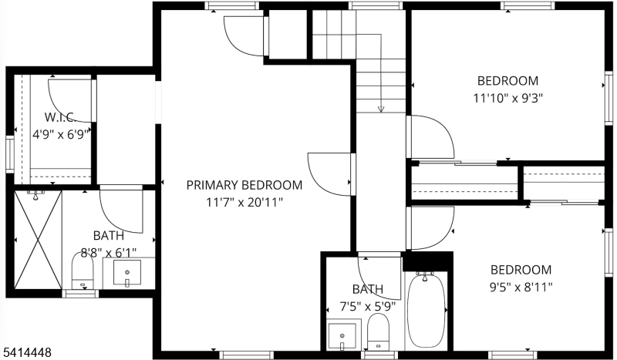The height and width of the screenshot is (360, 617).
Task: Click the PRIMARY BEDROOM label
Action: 244,185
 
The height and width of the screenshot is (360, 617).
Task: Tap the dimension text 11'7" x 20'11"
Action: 244,202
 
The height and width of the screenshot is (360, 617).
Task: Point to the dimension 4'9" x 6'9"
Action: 62,133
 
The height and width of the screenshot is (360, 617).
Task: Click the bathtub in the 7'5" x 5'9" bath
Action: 427,310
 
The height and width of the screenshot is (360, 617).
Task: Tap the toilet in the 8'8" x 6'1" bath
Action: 83,271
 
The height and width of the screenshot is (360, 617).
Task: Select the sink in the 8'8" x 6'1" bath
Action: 127,272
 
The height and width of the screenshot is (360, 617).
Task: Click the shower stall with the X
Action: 38,238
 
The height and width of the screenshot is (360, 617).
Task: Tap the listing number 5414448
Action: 27,352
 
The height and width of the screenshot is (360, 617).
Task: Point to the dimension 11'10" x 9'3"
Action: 507,98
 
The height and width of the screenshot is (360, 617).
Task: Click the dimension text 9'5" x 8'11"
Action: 521,287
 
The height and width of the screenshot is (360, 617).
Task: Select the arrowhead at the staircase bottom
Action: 381,109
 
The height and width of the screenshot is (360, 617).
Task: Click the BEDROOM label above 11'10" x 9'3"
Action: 507,80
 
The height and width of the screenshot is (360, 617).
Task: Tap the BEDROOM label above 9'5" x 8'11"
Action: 521,270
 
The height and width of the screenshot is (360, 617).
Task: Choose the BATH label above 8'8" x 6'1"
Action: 109,236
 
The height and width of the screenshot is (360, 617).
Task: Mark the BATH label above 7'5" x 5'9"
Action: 368,290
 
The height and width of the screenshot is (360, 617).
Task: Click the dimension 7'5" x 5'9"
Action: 368,306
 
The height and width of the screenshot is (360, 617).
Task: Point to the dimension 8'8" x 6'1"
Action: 109,252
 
